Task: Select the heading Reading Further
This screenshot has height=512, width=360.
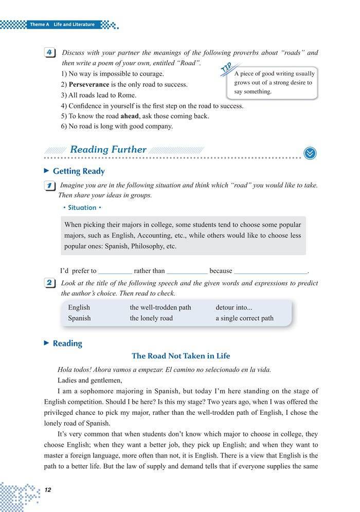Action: point(108,150)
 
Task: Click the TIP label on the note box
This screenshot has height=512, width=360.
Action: point(226,67)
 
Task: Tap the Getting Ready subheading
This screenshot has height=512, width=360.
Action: point(79,171)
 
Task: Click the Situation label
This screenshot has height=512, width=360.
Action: point(82,208)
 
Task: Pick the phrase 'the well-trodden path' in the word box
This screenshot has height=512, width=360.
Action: point(160,307)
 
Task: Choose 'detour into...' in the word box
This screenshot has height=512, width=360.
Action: point(234,307)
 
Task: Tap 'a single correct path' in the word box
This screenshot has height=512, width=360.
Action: point(245,318)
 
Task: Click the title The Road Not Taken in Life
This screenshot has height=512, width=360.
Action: point(181,356)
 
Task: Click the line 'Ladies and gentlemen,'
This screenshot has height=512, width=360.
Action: point(91,380)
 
